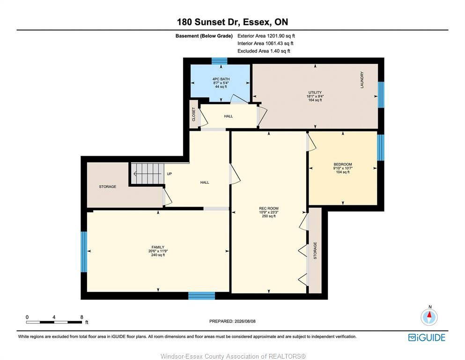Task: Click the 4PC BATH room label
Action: [221, 79]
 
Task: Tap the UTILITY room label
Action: [315, 93]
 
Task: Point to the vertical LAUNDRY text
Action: [362, 80]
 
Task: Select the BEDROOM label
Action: [343, 165]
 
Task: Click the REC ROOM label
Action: [269, 208]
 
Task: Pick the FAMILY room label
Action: [158, 247]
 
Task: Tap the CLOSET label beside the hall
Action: [194, 114]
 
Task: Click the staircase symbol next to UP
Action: [148, 173]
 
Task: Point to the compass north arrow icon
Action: [429, 317]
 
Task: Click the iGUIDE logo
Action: [427, 337]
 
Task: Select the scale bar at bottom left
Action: [54, 322]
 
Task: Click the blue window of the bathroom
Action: [220, 61]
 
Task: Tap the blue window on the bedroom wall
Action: [381, 148]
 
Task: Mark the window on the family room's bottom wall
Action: [202, 296]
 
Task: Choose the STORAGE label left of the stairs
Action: [108, 187]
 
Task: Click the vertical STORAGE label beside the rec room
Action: [315, 250]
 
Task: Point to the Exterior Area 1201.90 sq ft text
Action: [266, 36]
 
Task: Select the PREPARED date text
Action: [232, 321]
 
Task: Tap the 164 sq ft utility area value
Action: [315, 100]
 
